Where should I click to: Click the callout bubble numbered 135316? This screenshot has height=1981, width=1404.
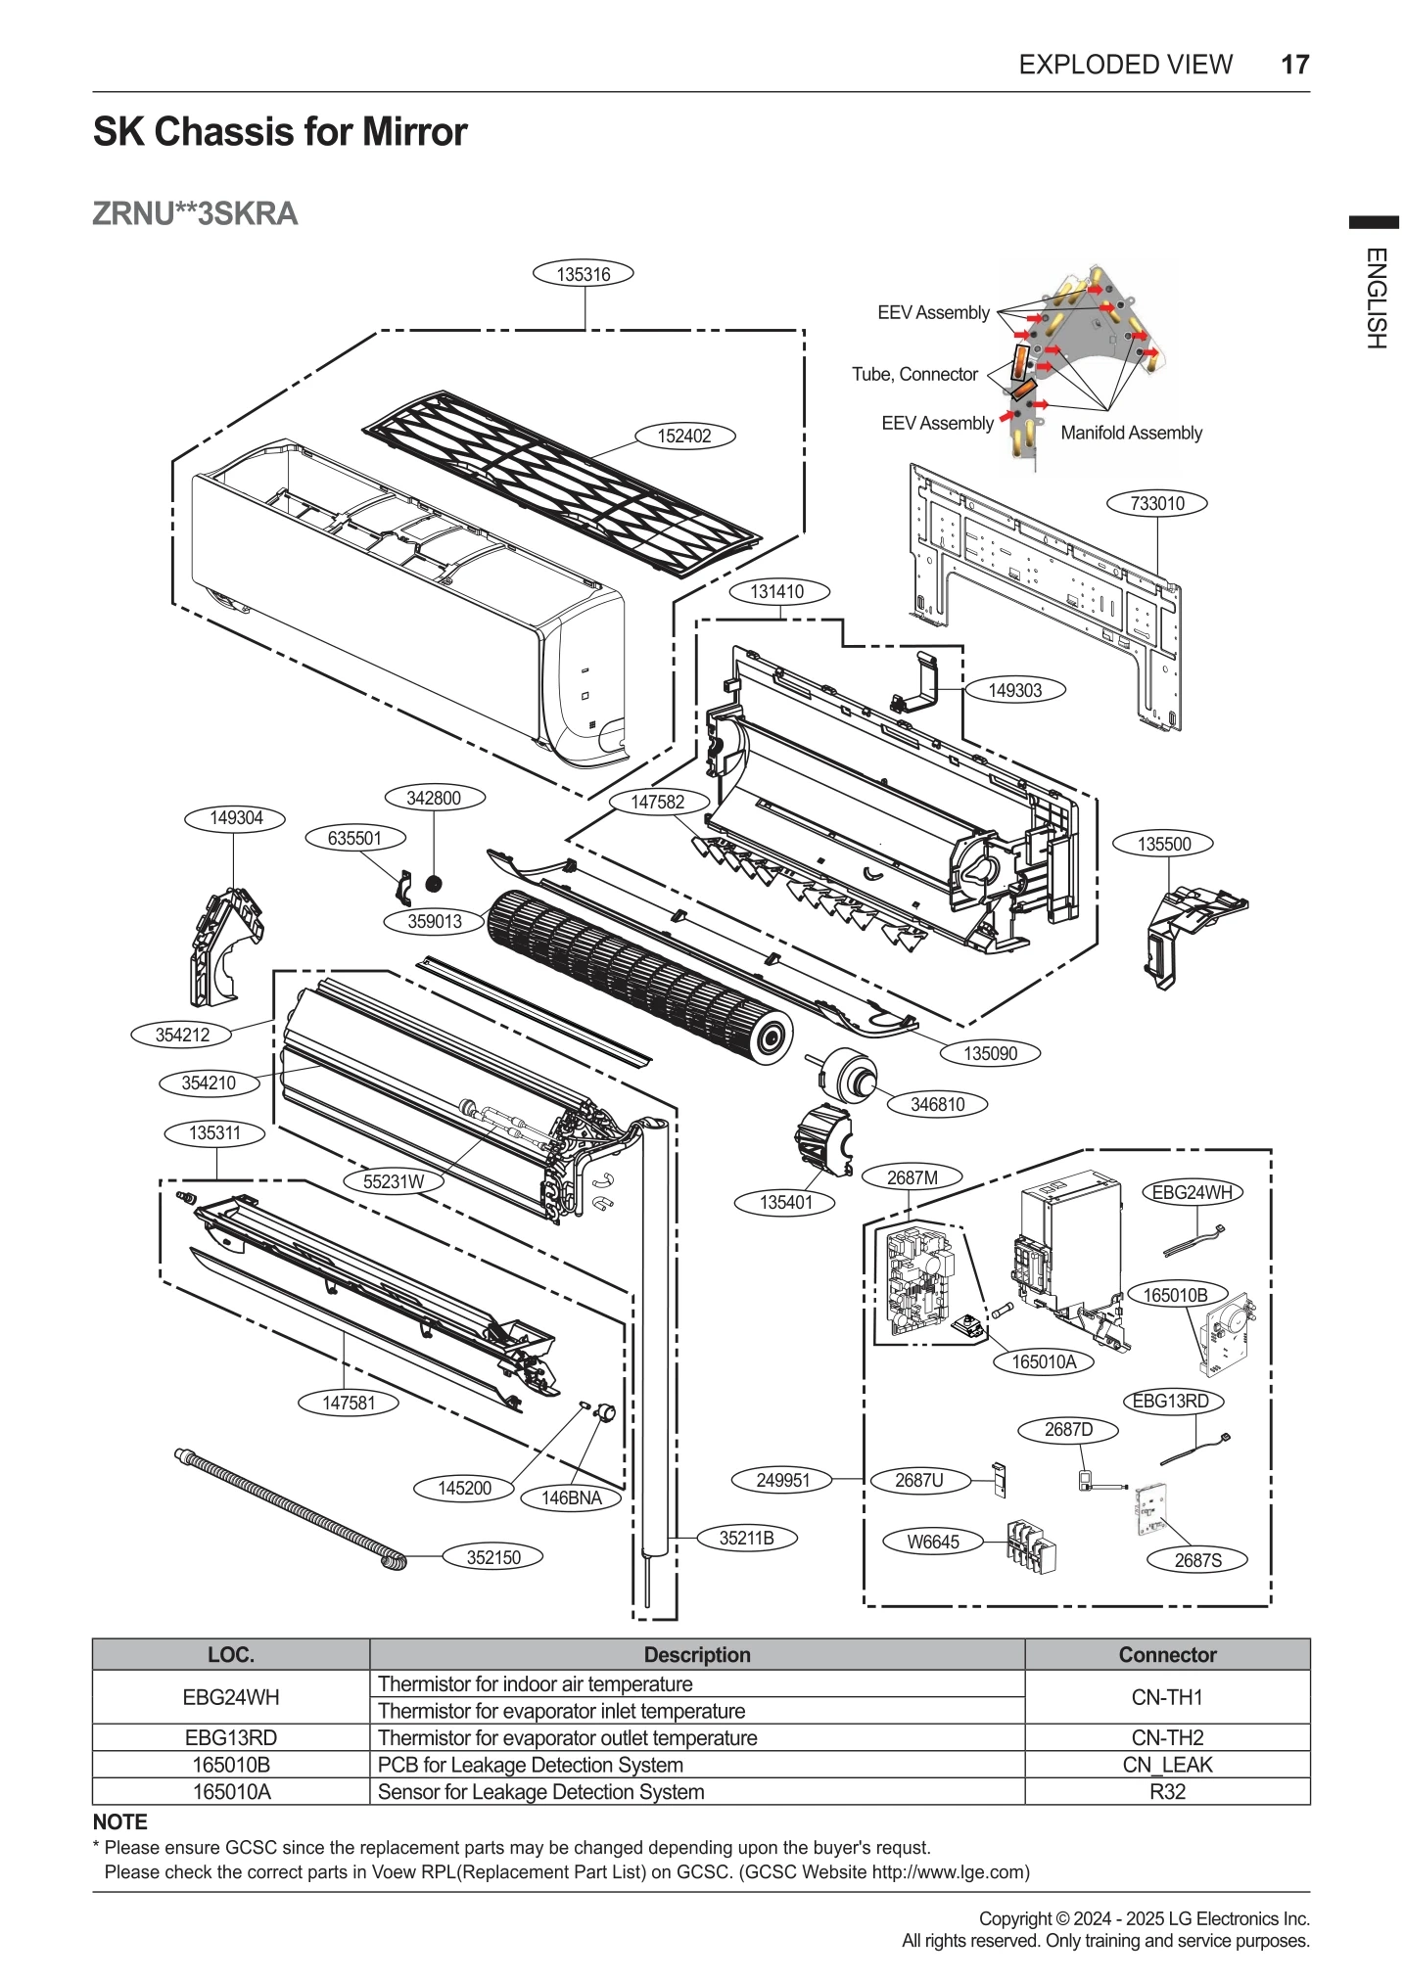tap(584, 274)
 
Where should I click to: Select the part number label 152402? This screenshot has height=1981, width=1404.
tap(684, 436)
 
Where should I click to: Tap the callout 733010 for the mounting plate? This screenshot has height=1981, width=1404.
tap(1157, 503)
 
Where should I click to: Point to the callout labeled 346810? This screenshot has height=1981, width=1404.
tap(937, 1104)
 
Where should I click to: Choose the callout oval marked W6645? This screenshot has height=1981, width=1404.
tap(932, 1542)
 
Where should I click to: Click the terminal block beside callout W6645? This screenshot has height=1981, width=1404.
tap(1031, 1545)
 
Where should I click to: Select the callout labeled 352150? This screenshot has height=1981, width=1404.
tap(493, 1557)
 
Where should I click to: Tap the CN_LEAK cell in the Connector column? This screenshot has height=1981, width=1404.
tap(1166, 1765)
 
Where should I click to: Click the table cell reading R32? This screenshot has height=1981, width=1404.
tap(1166, 1791)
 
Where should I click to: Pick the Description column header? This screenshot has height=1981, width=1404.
tap(696, 1654)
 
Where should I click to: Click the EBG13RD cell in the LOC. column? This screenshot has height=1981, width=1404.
tap(231, 1737)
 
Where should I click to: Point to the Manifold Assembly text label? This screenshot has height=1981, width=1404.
tap(1131, 433)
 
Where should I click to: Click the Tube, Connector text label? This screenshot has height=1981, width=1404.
tap(914, 374)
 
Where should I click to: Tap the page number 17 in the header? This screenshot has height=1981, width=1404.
tap(1294, 65)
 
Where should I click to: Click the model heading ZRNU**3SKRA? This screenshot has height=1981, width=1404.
tap(195, 213)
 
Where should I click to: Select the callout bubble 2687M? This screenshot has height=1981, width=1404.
tap(912, 1177)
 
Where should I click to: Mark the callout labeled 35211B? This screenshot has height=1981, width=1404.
tap(746, 1538)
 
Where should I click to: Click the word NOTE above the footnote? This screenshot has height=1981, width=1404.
tap(119, 1821)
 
